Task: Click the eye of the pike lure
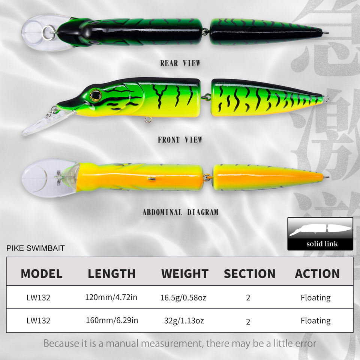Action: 96,95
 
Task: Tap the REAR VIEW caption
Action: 180,63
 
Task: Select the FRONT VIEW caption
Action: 180,140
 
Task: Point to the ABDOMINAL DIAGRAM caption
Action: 180,212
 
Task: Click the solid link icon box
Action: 320,234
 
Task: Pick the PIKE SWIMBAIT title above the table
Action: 36,248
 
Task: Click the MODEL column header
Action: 41,273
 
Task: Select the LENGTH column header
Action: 111,273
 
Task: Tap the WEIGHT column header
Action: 184,273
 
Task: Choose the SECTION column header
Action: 249,273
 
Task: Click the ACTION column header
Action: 317,273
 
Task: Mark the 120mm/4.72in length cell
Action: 111,298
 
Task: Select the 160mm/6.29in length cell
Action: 112,321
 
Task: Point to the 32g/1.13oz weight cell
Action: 184,321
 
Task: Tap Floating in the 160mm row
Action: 315,321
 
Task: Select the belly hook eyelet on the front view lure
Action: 148,120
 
